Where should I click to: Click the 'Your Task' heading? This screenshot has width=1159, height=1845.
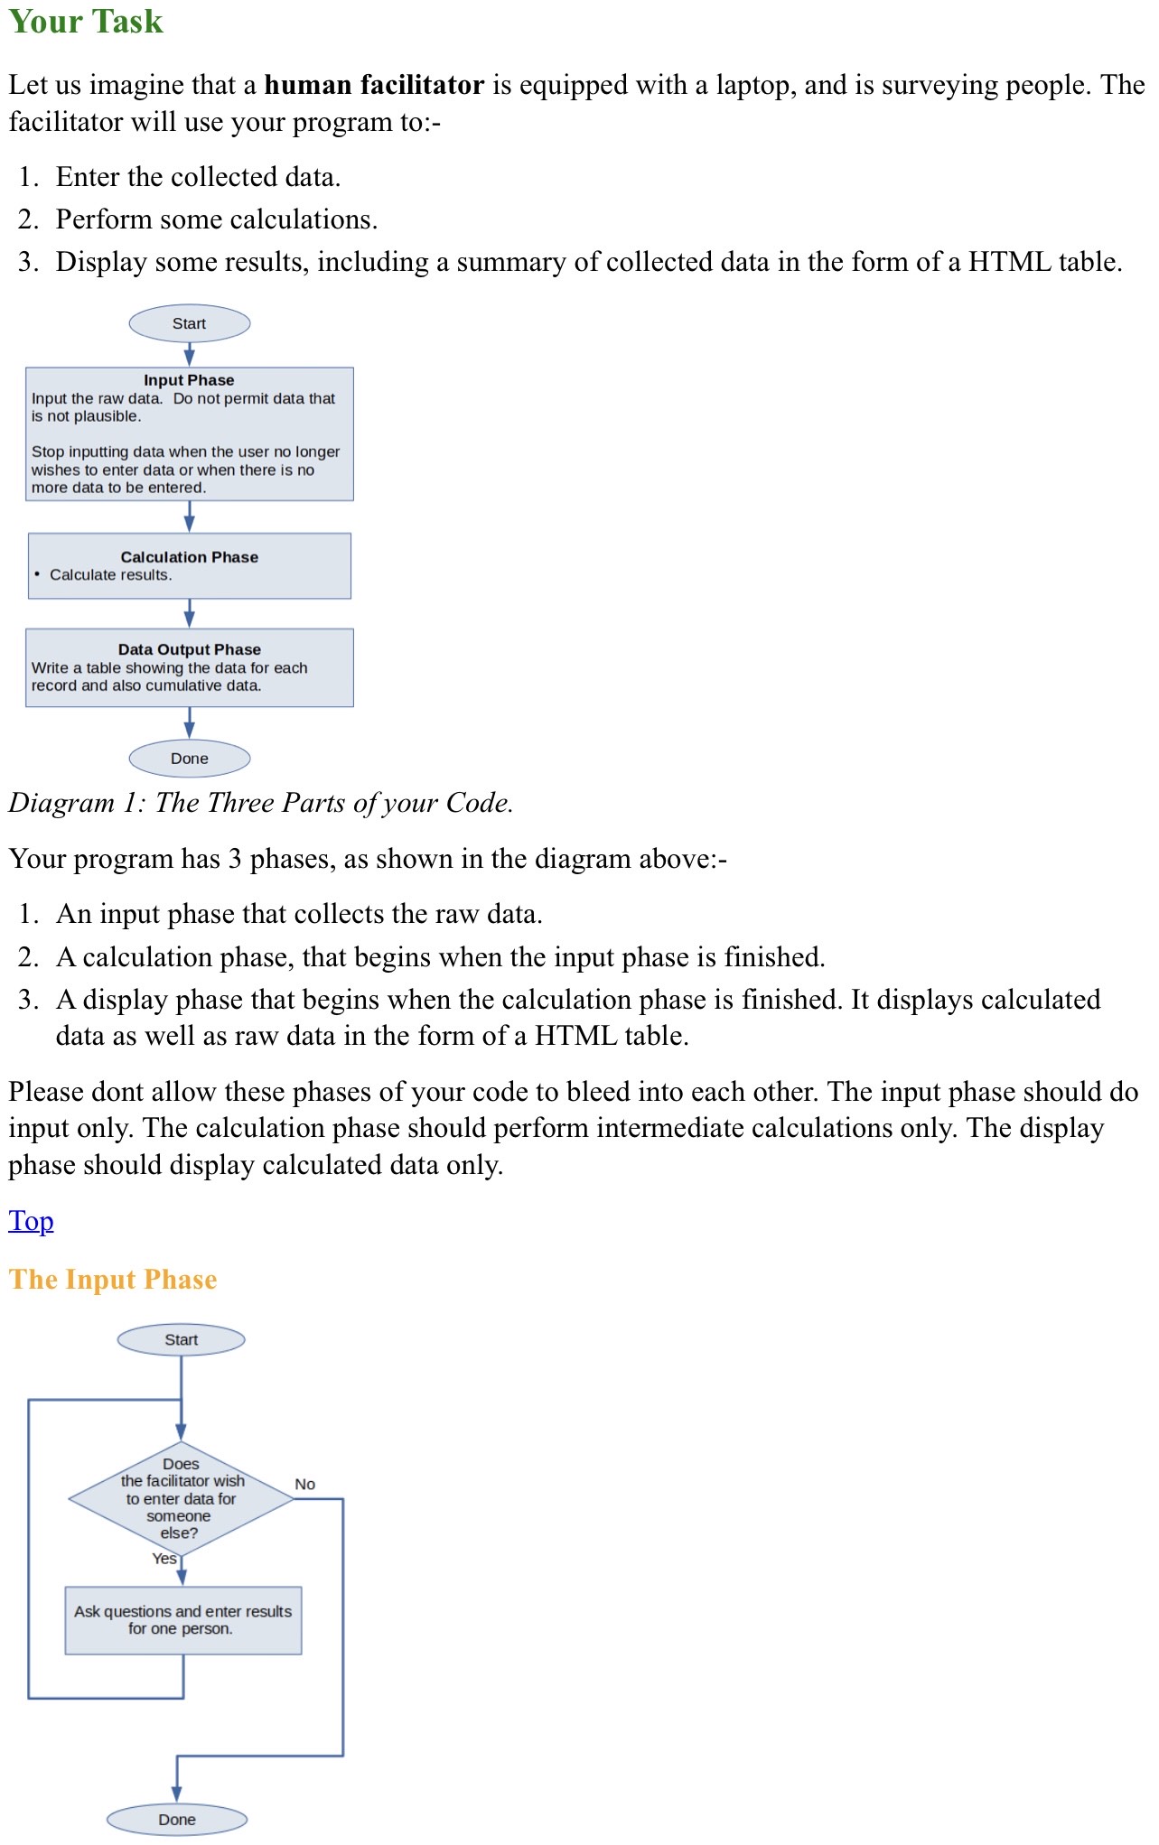86,22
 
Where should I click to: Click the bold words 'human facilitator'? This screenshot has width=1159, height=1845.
374,85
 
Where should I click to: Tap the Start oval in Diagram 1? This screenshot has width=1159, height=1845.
189,323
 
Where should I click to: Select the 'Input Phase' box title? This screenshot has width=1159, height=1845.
189,380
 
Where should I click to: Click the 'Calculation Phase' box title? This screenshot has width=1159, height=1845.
189,557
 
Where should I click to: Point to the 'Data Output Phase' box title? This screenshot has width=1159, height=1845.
189,649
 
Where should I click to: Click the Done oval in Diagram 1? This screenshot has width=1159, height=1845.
189,759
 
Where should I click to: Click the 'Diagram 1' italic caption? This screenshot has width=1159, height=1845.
261,803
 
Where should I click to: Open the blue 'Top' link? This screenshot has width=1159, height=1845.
31,1221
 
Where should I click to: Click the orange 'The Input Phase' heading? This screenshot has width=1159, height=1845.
113,1280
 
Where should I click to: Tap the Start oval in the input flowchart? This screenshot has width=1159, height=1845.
181,1340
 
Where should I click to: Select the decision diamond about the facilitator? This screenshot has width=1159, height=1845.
181,1499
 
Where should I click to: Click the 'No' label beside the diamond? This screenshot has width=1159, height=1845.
304,1485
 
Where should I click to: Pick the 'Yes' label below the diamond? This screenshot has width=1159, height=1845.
164,1559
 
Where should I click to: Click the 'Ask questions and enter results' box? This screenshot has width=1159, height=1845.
182,1620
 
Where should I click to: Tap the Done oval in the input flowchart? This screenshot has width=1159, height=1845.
176,1820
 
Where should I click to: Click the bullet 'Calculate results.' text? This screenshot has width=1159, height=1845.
110,575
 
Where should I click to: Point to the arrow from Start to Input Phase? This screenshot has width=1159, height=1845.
189,354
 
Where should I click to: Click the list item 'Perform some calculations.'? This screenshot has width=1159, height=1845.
217,219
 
